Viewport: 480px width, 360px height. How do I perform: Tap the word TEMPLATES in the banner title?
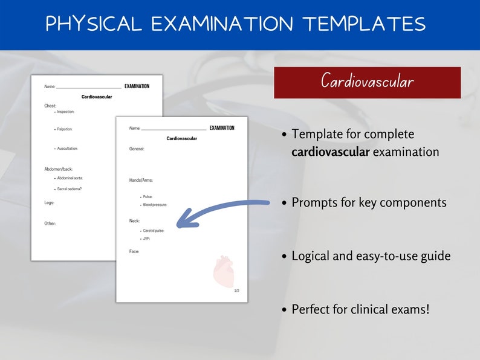(364, 24)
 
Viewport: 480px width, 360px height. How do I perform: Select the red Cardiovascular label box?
(367, 82)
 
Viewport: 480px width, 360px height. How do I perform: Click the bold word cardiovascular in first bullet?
(330, 152)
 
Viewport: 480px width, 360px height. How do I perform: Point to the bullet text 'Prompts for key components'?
(369, 202)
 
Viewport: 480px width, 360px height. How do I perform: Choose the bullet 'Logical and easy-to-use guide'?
(371, 256)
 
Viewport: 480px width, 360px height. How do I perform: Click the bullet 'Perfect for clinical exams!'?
(360, 309)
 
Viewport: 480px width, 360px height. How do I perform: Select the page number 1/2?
(236, 291)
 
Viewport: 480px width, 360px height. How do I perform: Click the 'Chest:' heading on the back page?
(50, 106)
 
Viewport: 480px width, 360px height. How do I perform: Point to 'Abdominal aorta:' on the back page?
(70, 178)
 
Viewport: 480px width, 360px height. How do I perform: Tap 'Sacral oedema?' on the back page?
(70, 189)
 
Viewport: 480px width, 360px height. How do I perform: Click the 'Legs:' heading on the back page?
(50, 202)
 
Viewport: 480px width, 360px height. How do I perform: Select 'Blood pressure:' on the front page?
(155, 205)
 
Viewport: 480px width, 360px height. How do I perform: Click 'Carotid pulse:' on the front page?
(154, 231)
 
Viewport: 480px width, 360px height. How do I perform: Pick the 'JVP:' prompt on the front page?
(146, 239)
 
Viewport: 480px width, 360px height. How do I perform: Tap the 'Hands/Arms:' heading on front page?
(141, 180)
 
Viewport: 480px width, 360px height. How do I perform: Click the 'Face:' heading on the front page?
(134, 251)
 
